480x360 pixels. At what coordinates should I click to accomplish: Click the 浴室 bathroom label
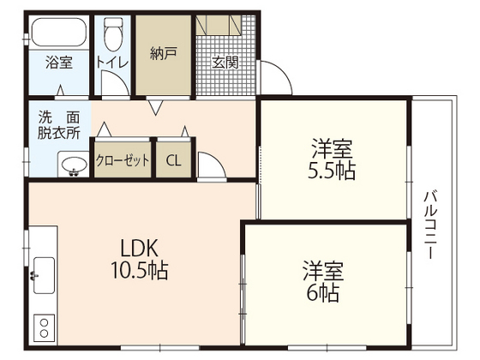(57, 62)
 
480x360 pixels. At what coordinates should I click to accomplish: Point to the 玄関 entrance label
(225, 62)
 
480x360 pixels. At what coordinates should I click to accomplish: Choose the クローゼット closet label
(123, 160)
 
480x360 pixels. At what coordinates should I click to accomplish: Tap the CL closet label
(174, 160)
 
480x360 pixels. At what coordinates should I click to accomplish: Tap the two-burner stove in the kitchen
(42, 327)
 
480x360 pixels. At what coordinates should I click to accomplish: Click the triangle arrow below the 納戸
(157, 109)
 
